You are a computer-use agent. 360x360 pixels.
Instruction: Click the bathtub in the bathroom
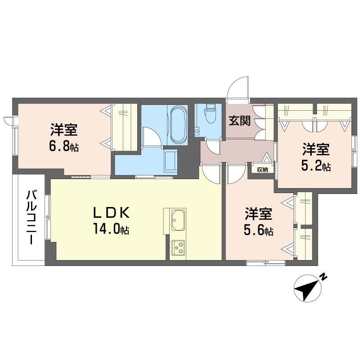pyautogui.click(x=178, y=125)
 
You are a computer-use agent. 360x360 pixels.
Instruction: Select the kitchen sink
pyautogui.click(x=178, y=220)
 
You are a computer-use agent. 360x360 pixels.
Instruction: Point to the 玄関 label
pyautogui.click(x=239, y=120)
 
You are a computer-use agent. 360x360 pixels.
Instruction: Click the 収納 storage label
pyautogui.click(x=262, y=170)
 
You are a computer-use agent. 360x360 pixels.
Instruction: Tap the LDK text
pyautogui.click(x=111, y=213)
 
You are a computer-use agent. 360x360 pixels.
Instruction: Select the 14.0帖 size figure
pyautogui.click(x=111, y=229)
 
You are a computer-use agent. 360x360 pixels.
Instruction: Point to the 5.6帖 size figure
pyautogui.click(x=258, y=230)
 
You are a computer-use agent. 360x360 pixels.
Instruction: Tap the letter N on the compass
pyautogui.click(x=324, y=276)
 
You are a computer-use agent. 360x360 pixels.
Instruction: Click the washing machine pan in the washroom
pyautogui.click(x=171, y=161)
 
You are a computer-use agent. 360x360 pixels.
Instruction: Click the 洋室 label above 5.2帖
pyautogui.click(x=316, y=149)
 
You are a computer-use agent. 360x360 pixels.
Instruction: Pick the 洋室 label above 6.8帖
pyautogui.click(x=64, y=130)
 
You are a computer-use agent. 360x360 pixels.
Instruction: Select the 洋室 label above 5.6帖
pyautogui.click(x=258, y=214)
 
